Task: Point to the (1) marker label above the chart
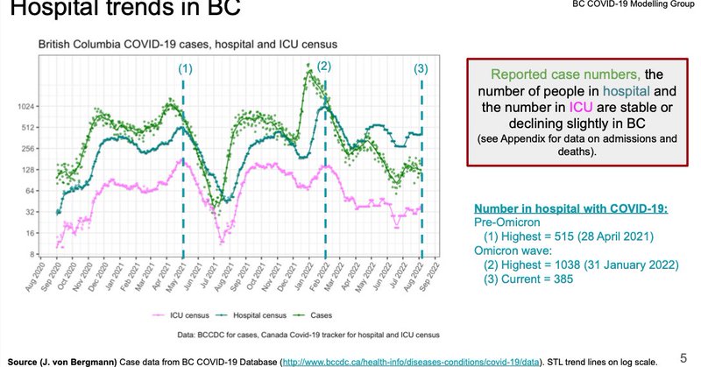(x=184, y=68)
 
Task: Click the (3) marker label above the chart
(x=421, y=69)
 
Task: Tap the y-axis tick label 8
(x=30, y=255)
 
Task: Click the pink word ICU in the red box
(x=582, y=107)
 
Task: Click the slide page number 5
(x=683, y=356)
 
